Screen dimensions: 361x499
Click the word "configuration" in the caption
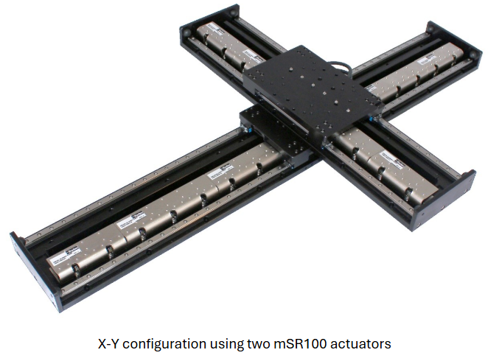171,343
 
